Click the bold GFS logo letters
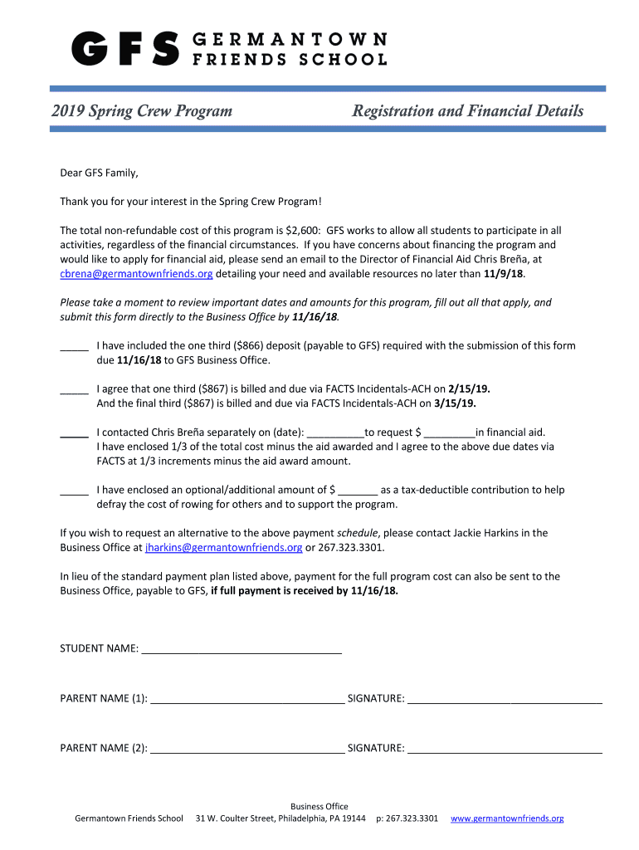click(x=125, y=49)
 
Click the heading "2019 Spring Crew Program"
click(x=142, y=111)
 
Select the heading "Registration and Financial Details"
click(x=467, y=111)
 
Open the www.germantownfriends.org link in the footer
click(x=507, y=818)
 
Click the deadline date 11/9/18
click(x=504, y=273)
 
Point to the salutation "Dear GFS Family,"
click(x=99, y=173)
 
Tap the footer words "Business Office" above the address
click(x=319, y=806)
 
